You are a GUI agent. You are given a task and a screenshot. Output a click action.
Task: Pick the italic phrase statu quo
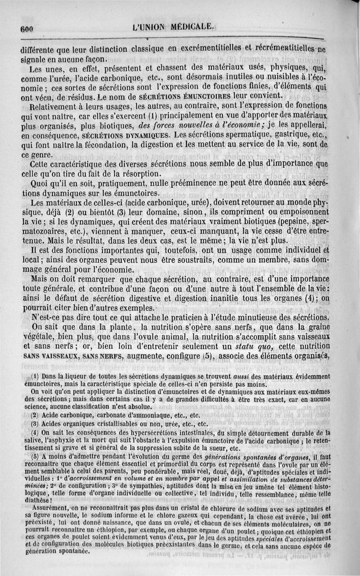(251, 346)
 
